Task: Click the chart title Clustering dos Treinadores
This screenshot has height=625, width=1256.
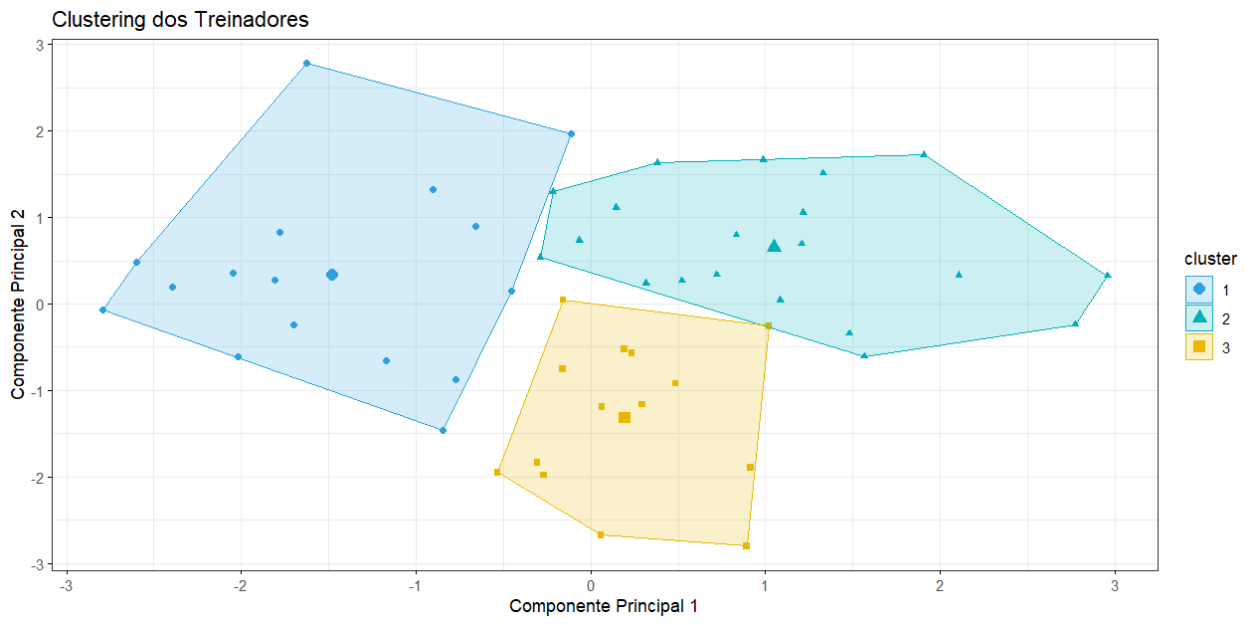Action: tap(180, 19)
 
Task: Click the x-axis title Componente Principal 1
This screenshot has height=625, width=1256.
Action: tap(603, 605)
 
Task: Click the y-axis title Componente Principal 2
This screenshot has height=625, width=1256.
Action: tap(19, 305)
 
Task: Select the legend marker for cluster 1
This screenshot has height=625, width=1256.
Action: tap(1198, 289)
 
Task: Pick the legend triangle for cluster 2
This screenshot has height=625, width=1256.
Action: tap(1198, 317)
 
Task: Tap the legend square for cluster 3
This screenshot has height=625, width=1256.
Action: tap(1198, 346)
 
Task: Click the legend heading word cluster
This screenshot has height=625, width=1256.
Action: tap(1210, 259)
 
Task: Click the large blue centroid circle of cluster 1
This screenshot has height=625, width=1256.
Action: tap(332, 275)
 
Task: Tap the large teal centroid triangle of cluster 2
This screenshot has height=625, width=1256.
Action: tap(775, 246)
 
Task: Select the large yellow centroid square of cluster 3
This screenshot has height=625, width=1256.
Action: tap(625, 418)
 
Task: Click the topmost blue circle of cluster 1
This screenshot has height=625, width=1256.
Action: tap(306, 64)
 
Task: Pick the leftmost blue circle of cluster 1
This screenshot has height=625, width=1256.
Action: tap(102, 311)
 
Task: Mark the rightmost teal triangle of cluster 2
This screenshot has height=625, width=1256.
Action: tap(1108, 276)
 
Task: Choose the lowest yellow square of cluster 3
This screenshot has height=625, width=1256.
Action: tap(746, 545)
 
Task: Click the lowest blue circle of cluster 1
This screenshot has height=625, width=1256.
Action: tap(443, 431)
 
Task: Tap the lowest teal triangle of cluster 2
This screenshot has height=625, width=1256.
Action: tap(864, 355)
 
